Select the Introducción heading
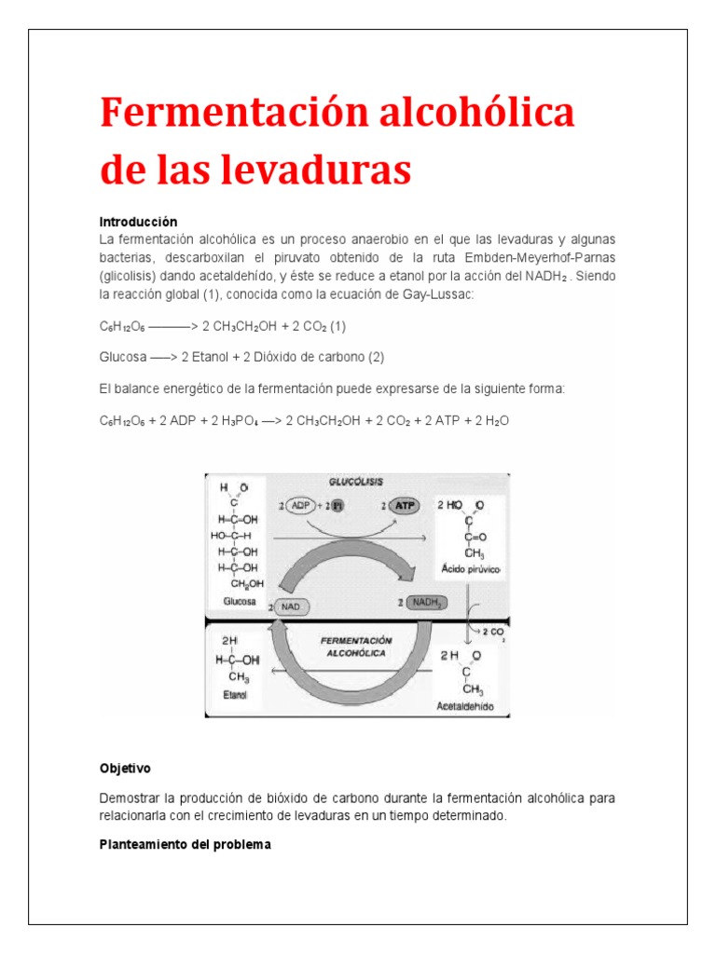[138, 222]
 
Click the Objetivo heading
[125, 769]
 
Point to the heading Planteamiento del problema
[185, 844]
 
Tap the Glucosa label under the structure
[239, 602]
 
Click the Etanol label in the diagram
[234, 694]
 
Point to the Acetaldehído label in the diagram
[465, 706]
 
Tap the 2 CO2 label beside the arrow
[493, 632]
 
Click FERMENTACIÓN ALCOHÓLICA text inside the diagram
[355, 647]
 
